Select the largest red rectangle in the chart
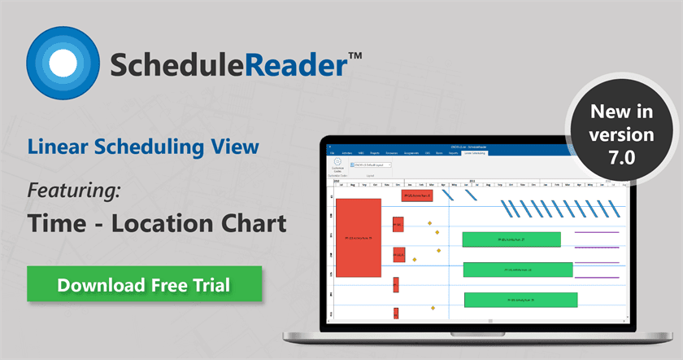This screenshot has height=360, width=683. [358, 237]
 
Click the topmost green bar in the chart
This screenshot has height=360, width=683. [511, 239]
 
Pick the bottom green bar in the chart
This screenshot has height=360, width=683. [520, 300]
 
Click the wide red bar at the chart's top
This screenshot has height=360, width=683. [417, 195]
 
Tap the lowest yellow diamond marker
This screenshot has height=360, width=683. [433, 308]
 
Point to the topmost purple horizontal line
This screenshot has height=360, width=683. [597, 233]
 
